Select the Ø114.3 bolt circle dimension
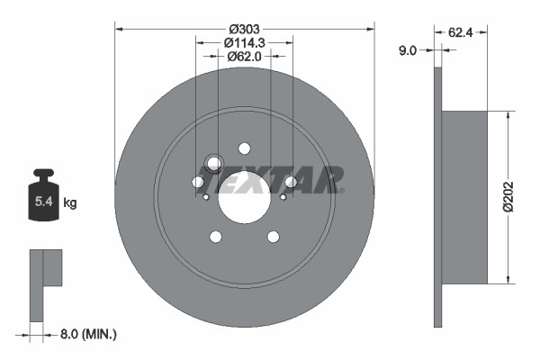pyautogui.click(x=244, y=41)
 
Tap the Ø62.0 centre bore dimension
pyautogui.click(x=244, y=58)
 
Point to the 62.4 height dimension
pyautogui.click(x=461, y=31)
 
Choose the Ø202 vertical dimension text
pyautogui.click(x=510, y=195)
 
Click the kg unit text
pyautogui.click(x=70, y=203)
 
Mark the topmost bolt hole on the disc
pyautogui.click(x=244, y=148)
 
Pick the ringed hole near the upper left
pyautogui.click(x=213, y=163)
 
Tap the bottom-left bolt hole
pyautogui.click(x=215, y=237)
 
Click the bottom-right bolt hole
pyautogui.click(x=273, y=237)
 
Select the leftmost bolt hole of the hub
pyautogui.click(x=197, y=182)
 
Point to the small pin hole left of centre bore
pyautogui.click(x=206, y=197)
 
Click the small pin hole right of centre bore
pyautogui.click(x=282, y=197)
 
